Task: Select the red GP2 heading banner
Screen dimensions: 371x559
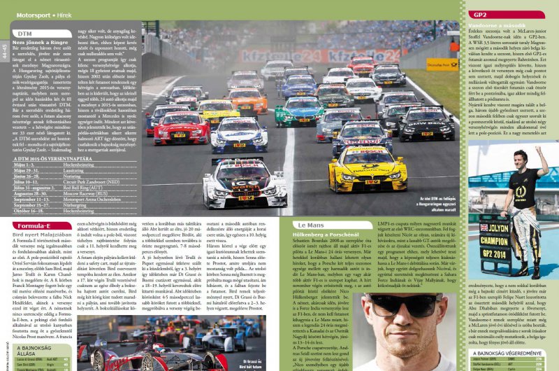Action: click(482, 14)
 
